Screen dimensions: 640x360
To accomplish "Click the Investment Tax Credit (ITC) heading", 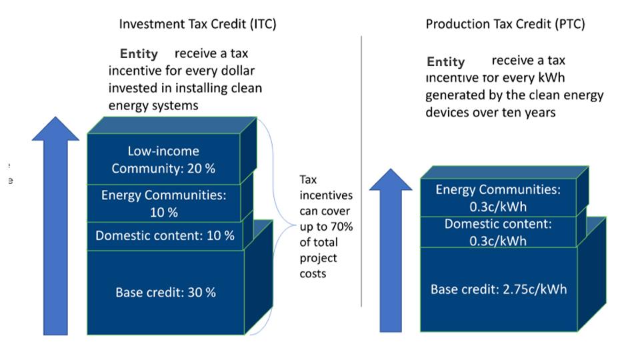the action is tap(197, 24).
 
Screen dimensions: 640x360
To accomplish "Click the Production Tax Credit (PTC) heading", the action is tap(505, 24).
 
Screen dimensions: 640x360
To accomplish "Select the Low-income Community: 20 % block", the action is tap(164, 159).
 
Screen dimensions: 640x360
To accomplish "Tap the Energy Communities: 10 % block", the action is tap(164, 203).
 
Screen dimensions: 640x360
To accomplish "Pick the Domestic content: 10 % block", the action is tap(165, 236).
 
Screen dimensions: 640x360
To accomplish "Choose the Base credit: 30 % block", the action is tap(166, 292).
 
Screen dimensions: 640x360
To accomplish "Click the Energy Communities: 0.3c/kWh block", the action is tap(498, 197).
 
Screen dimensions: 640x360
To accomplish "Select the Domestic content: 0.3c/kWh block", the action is tap(498, 232).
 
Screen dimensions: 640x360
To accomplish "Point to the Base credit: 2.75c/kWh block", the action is tap(499, 289).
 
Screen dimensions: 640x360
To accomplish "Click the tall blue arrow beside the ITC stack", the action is tap(55, 226).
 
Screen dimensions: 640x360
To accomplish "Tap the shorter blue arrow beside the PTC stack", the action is tap(391, 250).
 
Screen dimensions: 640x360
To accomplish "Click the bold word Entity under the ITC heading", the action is tap(139, 53).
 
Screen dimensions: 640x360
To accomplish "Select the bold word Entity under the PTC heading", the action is tap(446, 61).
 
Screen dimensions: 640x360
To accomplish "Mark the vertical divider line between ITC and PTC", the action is tap(361, 171).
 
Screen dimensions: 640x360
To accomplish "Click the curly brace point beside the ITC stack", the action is tap(295, 225).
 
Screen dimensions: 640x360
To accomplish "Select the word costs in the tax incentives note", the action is tap(313, 274).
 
